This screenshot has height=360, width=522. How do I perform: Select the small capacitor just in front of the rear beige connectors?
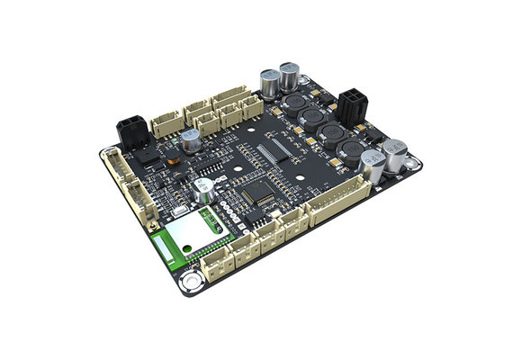click(190, 140)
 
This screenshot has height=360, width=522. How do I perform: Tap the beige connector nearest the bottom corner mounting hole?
click(219, 258)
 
